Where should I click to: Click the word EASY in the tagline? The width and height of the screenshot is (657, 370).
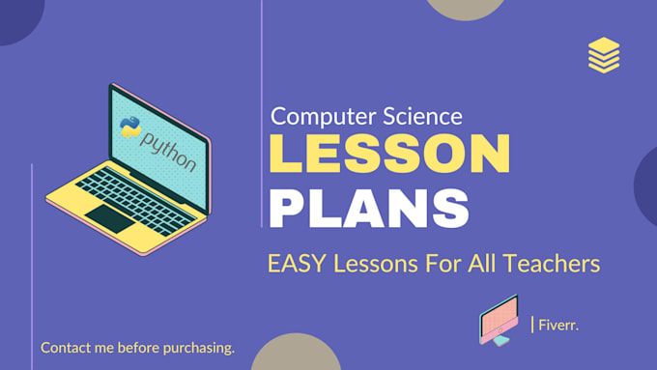click(294, 262)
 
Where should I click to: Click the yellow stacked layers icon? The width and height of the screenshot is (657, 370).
click(603, 54)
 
